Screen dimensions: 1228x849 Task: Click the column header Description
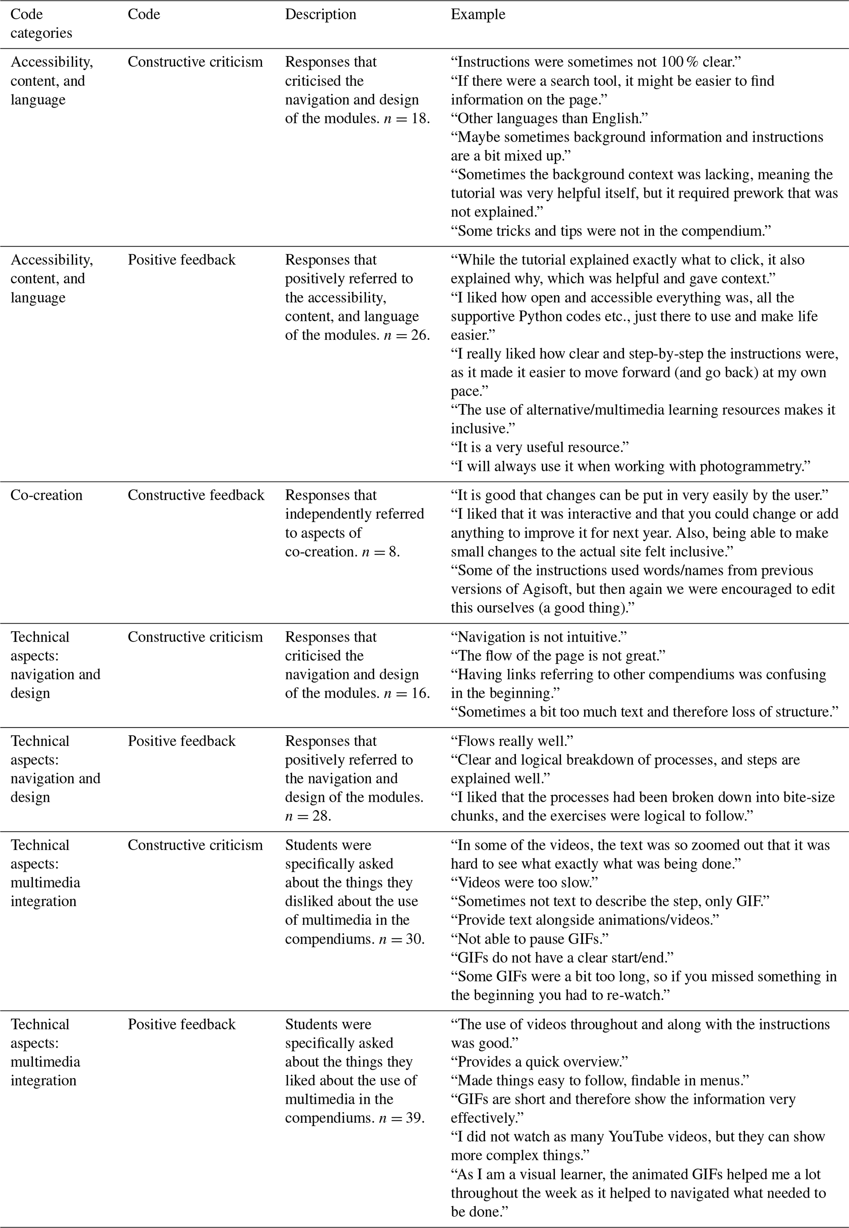point(320,14)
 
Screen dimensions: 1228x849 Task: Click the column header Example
point(478,14)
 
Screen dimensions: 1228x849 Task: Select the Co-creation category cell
point(46,495)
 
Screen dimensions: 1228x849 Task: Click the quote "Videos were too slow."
point(524,882)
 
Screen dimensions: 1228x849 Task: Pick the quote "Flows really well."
point(512,741)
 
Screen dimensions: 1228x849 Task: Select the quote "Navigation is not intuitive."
point(539,637)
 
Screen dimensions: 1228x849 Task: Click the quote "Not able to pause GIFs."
point(529,939)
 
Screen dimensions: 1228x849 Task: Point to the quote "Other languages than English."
point(549,118)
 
